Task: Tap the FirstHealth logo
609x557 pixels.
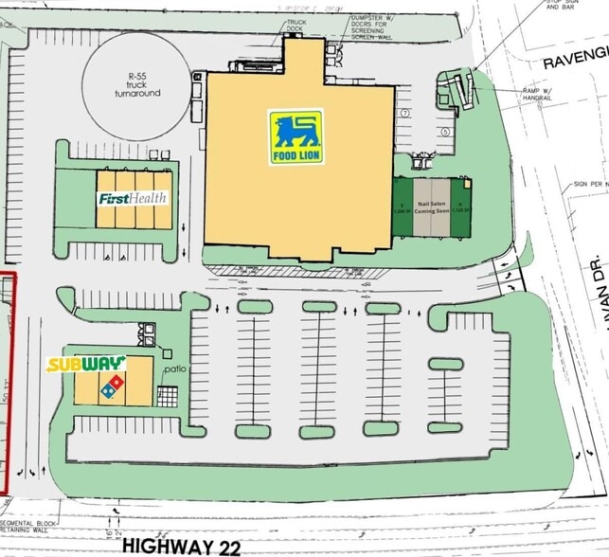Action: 134,199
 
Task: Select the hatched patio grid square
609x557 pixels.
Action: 168,397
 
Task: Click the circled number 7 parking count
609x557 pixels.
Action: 404,114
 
